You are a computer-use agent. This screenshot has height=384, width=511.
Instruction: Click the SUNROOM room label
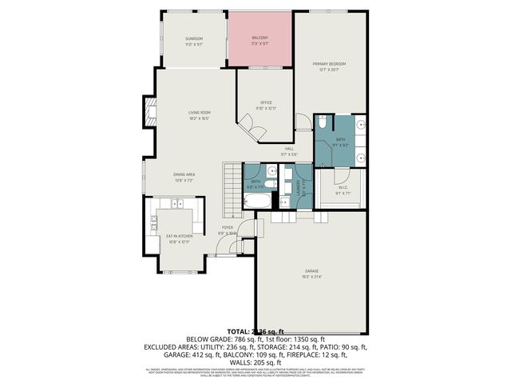coord(194,39)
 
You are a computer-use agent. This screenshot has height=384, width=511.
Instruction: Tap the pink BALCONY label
coord(260,38)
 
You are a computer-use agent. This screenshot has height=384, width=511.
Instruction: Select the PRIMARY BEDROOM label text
coord(332,64)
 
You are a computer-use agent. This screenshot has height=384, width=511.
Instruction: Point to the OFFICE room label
coord(267,103)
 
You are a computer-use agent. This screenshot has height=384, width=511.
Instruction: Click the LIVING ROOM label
coord(199,113)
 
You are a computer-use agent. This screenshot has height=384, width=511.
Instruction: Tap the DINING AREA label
coord(185,174)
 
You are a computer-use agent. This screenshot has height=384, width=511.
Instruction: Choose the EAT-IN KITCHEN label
coord(180,237)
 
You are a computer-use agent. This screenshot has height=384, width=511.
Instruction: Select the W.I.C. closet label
coord(342,189)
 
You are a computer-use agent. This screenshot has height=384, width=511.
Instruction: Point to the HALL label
coord(289,150)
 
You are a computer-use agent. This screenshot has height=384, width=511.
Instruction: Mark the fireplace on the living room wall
coord(147,110)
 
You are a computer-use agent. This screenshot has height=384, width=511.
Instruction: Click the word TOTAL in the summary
coord(238,331)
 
